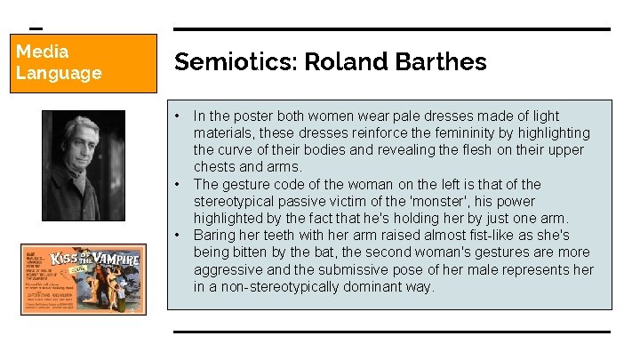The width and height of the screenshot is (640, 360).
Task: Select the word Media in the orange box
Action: coord(42,52)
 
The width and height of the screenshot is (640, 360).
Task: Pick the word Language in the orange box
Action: coord(59,73)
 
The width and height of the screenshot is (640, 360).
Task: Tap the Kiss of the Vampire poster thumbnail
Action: coord(84,279)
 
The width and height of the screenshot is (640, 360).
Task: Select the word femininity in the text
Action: coord(469,132)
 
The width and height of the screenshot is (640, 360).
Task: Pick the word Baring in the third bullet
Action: coord(215,236)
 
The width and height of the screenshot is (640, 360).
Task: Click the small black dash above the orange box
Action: coord(36,28)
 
